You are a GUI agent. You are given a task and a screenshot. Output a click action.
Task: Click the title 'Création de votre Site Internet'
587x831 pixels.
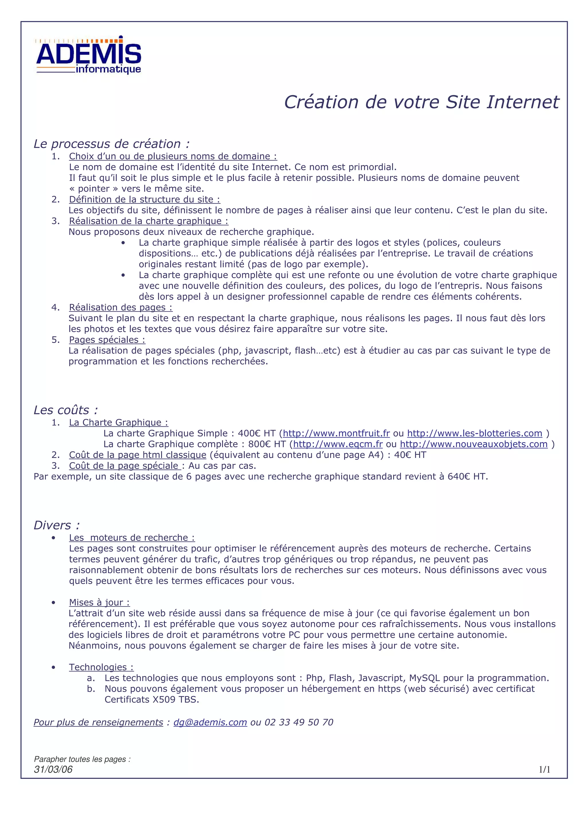coord(421,102)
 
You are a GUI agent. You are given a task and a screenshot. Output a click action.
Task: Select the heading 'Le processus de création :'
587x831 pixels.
coord(111,144)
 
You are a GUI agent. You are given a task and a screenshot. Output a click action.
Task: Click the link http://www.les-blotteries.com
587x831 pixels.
coord(475,433)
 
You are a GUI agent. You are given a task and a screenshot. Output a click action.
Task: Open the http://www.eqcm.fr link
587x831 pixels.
coord(338,444)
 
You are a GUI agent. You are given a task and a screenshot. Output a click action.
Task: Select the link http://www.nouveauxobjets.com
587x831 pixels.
coord(473,444)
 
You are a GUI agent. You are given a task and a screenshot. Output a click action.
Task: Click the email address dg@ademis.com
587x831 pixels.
coord(210,722)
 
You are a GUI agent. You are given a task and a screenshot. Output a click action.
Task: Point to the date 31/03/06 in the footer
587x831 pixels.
coord(53,769)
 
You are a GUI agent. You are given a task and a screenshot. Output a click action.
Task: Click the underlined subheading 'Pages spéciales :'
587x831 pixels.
coord(107,340)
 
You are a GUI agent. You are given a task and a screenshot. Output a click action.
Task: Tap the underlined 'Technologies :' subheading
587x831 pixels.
coord(101,667)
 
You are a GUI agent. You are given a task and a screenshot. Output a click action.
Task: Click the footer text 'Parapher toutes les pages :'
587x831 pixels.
coord(82,759)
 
